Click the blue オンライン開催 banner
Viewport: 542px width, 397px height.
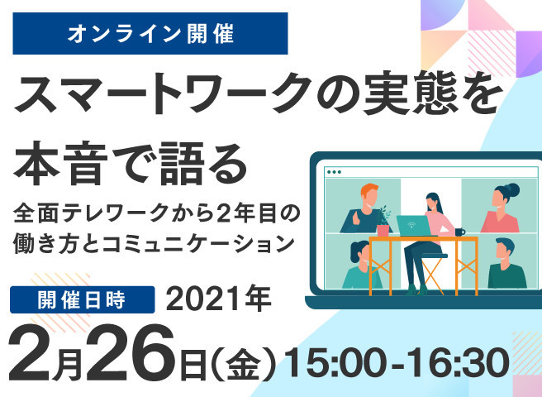point(150,33)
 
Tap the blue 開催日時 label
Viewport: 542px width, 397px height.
point(83,299)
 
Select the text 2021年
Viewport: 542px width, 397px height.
point(219,299)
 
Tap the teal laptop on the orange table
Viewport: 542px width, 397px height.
point(413,226)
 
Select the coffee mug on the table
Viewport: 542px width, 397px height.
point(459,232)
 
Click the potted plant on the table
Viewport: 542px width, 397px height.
point(383,222)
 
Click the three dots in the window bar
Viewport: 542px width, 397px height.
point(334,172)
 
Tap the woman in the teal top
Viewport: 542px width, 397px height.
point(360,265)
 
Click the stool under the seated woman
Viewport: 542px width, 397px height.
point(435,274)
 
